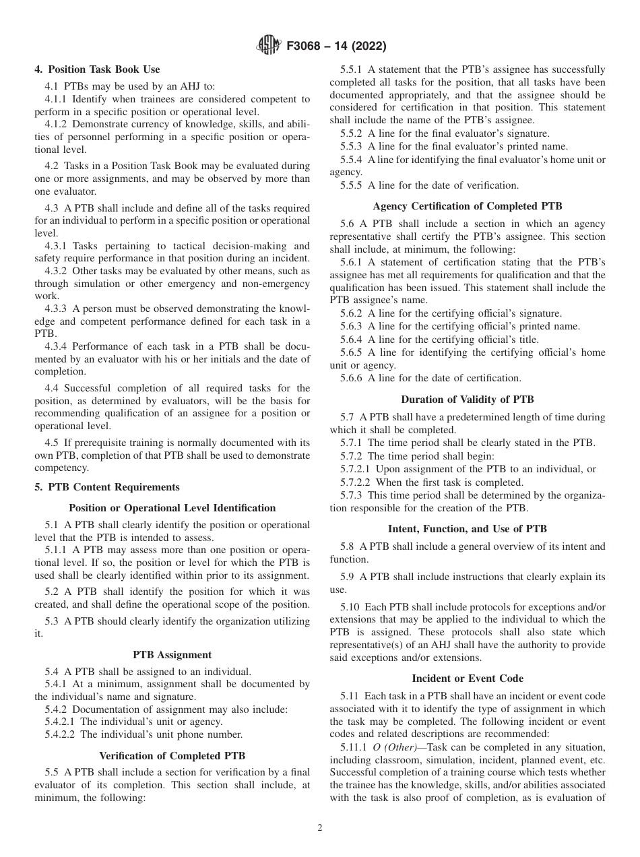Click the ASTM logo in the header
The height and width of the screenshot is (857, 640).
(x=269, y=46)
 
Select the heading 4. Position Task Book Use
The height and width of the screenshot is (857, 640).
(x=97, y=69)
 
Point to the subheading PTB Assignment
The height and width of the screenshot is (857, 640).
(x=172, y=654)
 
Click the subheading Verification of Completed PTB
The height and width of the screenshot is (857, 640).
(x=172, y=755)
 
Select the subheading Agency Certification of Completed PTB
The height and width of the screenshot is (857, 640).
(x=467, y=205)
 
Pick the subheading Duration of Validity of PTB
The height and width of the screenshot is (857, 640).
(x=467, y=400)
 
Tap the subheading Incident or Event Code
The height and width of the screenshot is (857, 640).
(x=467, y=678)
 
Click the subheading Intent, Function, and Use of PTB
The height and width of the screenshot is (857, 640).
(x=467, y=529)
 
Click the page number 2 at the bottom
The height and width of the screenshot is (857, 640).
(x=320, y=828)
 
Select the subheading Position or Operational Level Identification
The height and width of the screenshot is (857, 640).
(x=172, y=508)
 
